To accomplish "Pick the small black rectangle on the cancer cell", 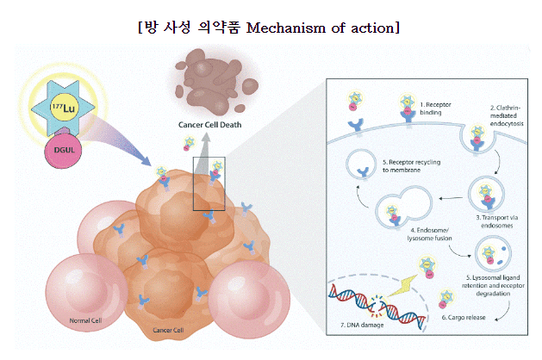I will click(x=209, y=183).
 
